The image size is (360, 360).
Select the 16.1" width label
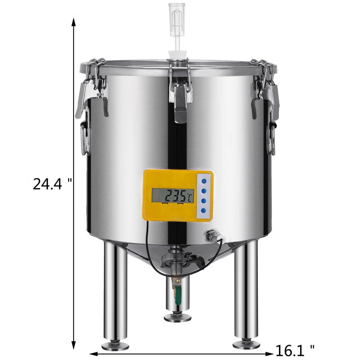pyautogui.click(x=295, y=349)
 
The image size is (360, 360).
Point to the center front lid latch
pyautogui.click(x=181, y=95)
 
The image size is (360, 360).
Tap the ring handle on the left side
pyautogui.click(x=85, y=137)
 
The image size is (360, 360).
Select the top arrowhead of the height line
pyautogui.click(x=74, y=22)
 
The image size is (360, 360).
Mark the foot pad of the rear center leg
pyautogui.click(x=177, y=318)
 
